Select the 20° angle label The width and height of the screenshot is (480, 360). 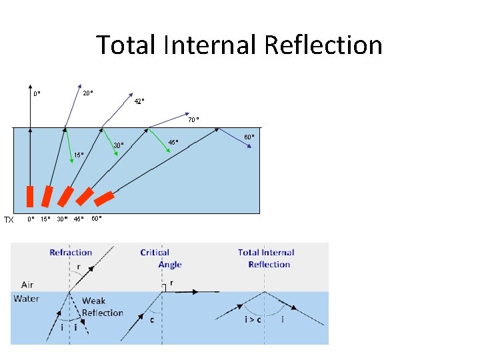pos(87,93)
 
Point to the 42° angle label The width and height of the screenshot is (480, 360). pos(139,101)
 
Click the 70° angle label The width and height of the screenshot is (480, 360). pos(193,120)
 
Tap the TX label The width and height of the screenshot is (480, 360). pos(9,219)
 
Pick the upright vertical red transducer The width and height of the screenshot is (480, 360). pos(29,197)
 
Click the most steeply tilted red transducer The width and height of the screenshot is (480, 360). pos(104,199)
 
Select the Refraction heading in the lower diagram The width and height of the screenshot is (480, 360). pos(71,253)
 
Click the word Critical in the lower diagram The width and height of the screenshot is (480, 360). pos(155,253)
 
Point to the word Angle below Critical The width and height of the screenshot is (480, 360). pos(170,265)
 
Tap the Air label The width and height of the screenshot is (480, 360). pos(27,285)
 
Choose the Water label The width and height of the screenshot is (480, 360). pos(26,299)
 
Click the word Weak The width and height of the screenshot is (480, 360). pos(94,301)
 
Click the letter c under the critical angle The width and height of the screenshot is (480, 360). pos(153,319)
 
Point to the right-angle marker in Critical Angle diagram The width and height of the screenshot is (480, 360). pos(163,288)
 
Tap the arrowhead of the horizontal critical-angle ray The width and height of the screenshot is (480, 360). pos(197,291)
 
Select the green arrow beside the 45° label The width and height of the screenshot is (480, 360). pos(159,141)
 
